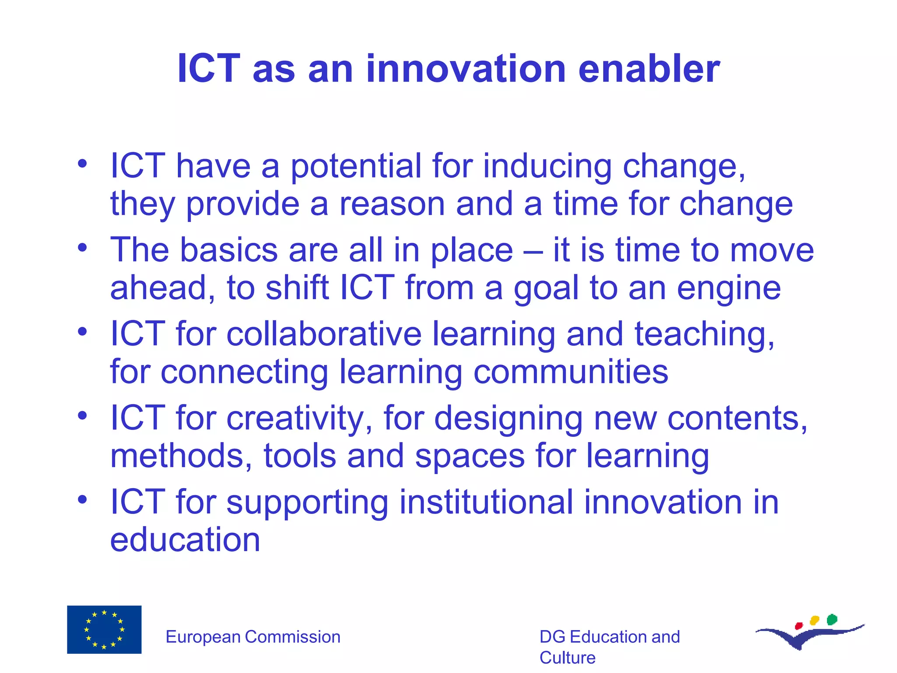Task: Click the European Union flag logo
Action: [x=104, y=630]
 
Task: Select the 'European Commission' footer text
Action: [x=253, y=637]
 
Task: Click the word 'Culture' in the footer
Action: [x=567, y=658]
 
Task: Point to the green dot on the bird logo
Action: [x=832, y=620]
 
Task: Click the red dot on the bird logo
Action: [x=798, y=626]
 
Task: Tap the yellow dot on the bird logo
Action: [x=815, y=620]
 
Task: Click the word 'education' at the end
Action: [x=185, y=540]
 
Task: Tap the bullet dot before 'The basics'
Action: [x=82, y=248]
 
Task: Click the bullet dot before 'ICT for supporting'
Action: [x=82, y=499]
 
